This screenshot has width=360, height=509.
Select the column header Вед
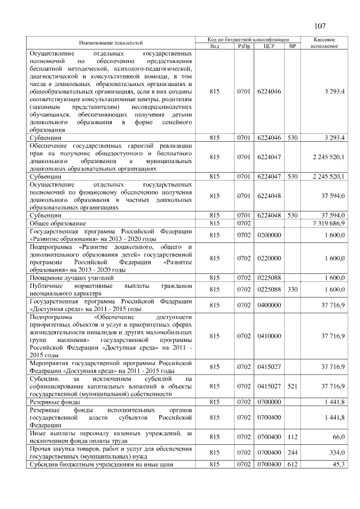(214, 46)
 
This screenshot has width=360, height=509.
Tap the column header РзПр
(244, 46)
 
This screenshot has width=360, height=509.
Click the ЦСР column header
(268, 46)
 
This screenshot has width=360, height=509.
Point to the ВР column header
(291, 46)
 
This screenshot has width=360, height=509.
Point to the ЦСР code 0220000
(268, 258)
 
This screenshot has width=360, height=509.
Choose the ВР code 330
(291, 289)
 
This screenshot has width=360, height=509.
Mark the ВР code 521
(291, 386)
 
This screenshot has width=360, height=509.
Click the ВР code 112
(291, 436)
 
